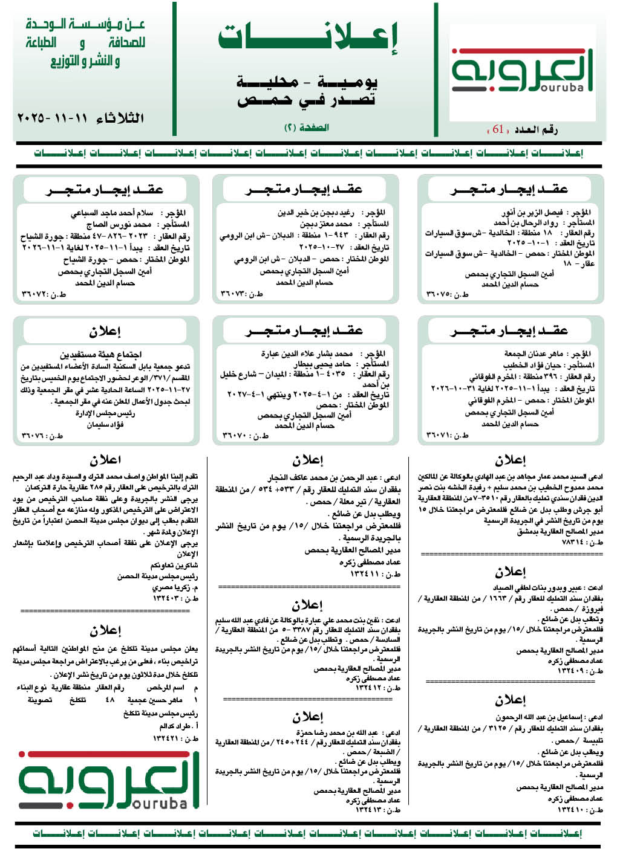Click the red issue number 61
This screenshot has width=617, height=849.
coord(498,129)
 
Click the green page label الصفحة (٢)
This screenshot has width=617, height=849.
coord(307,128)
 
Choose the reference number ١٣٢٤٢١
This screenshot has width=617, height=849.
coord(175,738)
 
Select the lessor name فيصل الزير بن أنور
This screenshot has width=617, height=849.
coord(532,213)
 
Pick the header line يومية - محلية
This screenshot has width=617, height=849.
coord(307,81)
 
